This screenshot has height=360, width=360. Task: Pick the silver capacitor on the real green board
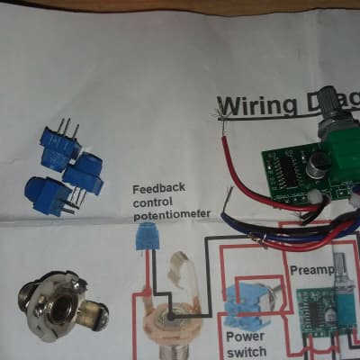pos(319,165)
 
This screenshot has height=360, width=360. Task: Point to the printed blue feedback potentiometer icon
pos(143,238)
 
